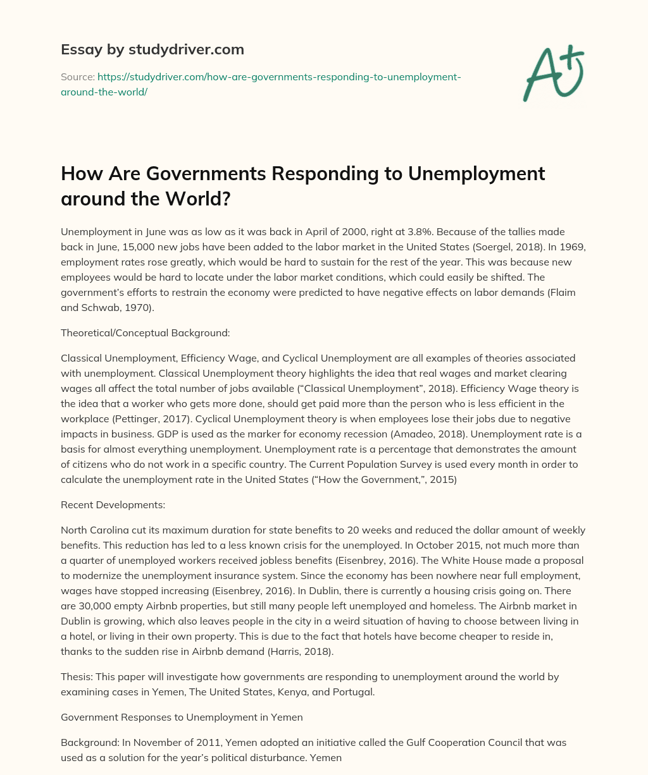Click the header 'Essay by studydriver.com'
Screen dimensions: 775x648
[x=152, y=49]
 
